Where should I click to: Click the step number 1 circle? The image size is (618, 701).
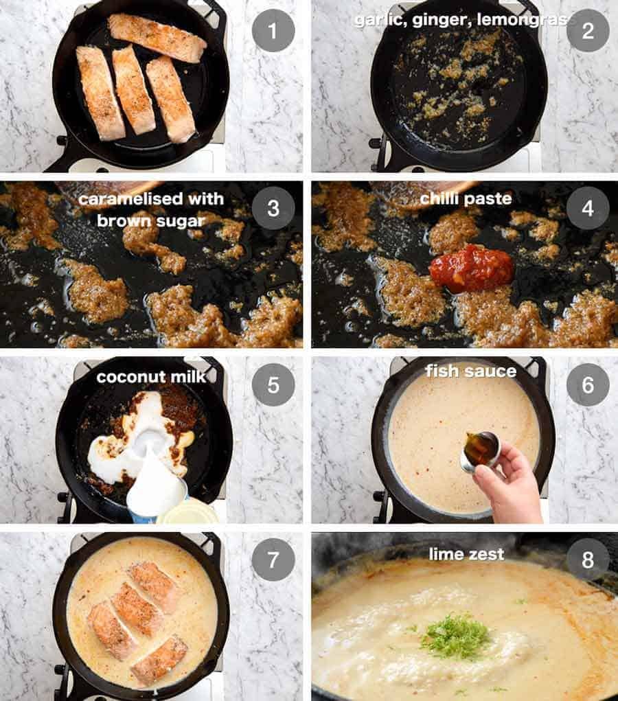273,31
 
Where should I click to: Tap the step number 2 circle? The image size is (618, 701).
588,31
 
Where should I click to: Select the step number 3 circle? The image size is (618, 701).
273,207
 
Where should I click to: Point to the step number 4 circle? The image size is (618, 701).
588,207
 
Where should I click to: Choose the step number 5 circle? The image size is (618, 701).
273,384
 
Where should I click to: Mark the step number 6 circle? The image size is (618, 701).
588,384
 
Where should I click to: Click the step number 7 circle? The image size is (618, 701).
273,560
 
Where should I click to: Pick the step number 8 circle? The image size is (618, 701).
588,560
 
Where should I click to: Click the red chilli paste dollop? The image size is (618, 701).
472,268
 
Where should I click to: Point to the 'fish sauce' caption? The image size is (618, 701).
470,371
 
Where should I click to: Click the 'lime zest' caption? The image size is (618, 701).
466,553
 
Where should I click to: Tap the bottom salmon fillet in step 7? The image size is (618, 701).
159,659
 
